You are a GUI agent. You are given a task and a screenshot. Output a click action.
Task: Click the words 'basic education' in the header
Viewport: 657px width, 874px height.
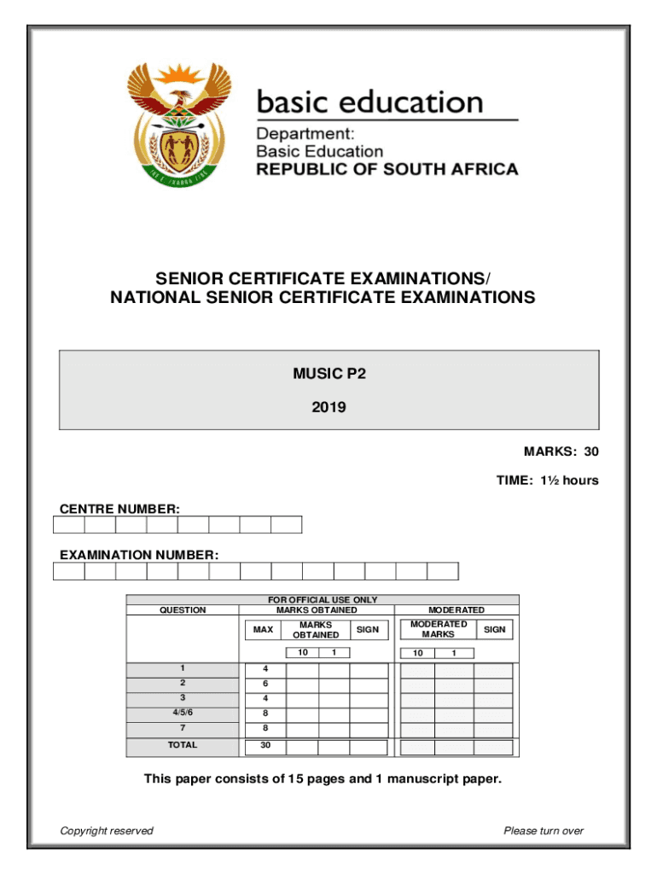pyautogui.click(x=370, y=103)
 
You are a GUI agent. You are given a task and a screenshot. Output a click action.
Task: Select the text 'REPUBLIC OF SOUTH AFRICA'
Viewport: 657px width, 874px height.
pyautogui.click(x=387, y=169)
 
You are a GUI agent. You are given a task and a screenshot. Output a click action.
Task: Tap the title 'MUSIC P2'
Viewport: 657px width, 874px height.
pyautogui.click(x=329, y=373)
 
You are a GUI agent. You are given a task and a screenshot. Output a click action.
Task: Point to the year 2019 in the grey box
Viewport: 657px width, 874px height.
pyautogui.click(x=329, y=407)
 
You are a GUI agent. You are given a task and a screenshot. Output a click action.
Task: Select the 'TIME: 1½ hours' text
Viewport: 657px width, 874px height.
pyautogui.click(x=548, y=481)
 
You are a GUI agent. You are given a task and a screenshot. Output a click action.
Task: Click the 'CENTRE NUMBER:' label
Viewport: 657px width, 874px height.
pyautogui.click(x=119, y=510)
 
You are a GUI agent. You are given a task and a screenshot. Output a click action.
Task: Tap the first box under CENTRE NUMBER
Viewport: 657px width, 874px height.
pyautogui.click(x=69, y=525)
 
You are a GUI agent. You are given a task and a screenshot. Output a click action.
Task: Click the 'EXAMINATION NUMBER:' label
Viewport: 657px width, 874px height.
pyautogui.click(x=139, y=556)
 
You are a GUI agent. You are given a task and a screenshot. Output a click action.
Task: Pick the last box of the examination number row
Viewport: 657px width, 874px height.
pyautogui.click(x=443, y=571)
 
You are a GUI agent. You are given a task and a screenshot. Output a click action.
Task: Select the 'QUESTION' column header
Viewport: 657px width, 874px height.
pyautogui.click(x=182, y=610)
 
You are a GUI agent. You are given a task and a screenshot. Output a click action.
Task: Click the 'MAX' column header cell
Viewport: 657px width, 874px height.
pyautogui.click(x=264, y=630)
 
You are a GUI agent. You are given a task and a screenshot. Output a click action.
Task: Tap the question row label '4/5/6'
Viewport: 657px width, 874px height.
pyautogui.click(x=182, y=714)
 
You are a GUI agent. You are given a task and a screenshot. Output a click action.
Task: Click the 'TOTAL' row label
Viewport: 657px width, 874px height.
pyautogui.click(x=182, y=745)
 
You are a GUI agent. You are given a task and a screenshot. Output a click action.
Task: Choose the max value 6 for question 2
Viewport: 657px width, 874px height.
pyautogui.click(x=265, y=685)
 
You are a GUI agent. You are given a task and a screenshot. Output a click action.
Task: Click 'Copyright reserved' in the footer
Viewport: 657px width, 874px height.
pyautogui.click(x=107, y=830)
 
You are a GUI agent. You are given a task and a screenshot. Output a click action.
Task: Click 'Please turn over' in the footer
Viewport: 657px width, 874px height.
pyautogui.click(x=544, y=830)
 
